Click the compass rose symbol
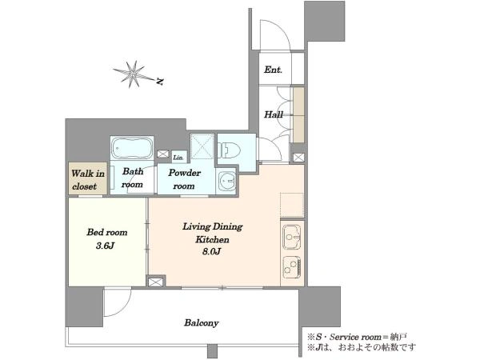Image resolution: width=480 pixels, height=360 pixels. coord(132,74)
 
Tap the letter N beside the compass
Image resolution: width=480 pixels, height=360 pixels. coord(160,82)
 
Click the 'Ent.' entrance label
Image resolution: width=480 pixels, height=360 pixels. coord(273,70)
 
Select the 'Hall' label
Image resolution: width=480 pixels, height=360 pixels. coord(274,114)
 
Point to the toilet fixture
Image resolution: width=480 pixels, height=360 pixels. coord(229,150)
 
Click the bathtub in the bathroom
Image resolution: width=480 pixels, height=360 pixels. coord(132,147)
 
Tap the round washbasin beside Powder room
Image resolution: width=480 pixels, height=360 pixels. coord(227,181)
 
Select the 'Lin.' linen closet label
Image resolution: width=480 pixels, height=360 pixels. coord(178,158)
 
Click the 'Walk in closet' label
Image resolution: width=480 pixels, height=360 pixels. coord(88,180)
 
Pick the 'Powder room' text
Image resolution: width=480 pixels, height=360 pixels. coord(184,179)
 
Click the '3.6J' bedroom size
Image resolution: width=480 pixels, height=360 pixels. coord(105,246)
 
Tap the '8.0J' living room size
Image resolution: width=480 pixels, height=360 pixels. coord(211,252)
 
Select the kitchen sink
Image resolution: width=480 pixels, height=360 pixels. coord(292,237)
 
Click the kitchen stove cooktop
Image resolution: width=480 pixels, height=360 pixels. coord(292,266)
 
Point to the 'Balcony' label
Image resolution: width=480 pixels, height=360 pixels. coord(202,322)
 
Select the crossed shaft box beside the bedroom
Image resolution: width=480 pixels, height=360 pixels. coord(154,282)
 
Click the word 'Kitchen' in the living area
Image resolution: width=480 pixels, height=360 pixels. coord(212,239)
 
